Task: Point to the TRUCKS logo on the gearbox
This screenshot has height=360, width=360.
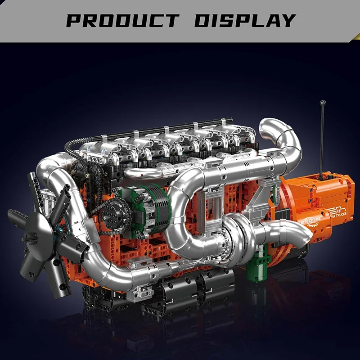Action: pyautogui.click(x=336, y=216)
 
